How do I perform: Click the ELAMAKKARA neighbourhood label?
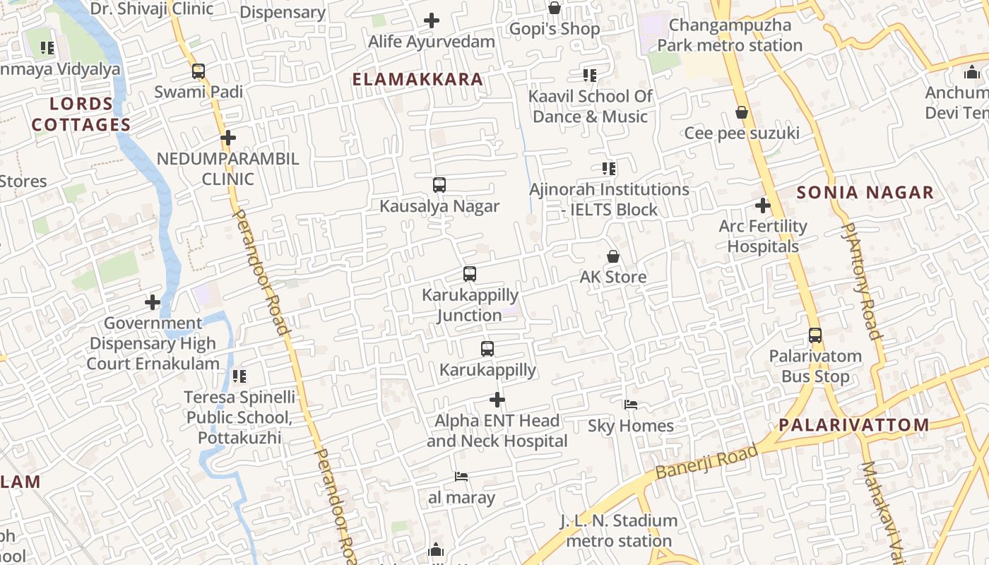tap(417, 79)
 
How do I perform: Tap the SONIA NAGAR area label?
tap(865, 192)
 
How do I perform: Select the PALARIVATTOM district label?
tap(854, 424)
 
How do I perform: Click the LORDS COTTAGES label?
tap(81, 114)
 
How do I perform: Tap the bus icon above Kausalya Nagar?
tap(439, 185)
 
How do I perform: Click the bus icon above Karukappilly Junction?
tap(470, 274)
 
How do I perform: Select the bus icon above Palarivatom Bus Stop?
tap(815, 335)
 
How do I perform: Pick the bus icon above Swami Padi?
tap(199, 71)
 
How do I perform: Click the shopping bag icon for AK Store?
tap(613, 256)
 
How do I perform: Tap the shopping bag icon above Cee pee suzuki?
tap(742, 112)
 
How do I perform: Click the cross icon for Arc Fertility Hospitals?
tap(763, 206)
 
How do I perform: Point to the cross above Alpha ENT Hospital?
tap(497, 400)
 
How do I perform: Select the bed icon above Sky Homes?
tap(631, 405)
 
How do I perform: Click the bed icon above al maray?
tap(461, 477)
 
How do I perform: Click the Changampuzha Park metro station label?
tap(730, 35)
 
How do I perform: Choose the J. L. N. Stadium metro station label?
tap(619, 531)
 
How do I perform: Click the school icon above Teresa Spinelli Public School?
tap(239, 376)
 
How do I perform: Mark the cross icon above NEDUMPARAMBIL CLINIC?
tap(227, 137)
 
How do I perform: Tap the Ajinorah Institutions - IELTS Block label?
tap(610, 199)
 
